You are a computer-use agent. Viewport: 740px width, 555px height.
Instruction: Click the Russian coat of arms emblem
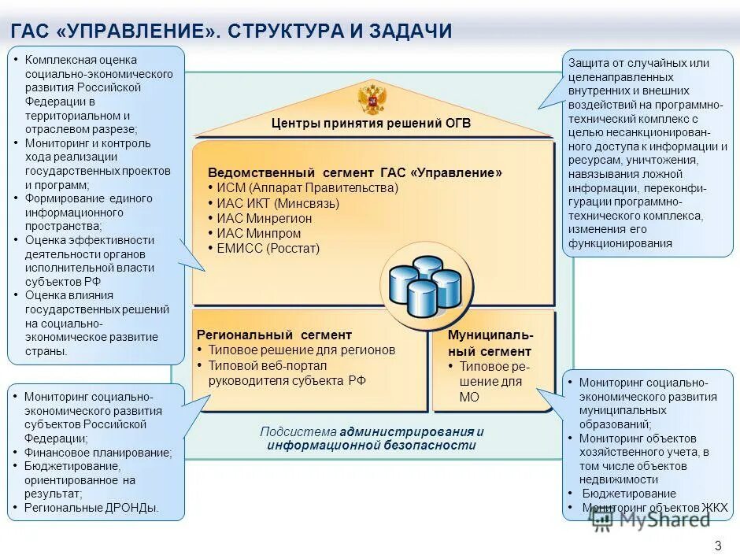point(372,100)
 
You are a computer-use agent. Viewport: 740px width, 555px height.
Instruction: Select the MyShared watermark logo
point(649,517)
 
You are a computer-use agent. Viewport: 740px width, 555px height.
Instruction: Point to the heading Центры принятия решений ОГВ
point(371,124)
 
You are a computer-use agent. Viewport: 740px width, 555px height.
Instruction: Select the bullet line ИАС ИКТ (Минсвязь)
point(278,203)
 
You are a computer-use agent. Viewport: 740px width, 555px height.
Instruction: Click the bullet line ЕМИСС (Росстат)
point(268,248)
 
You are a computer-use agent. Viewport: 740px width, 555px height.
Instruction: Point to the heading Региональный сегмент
point(274,335)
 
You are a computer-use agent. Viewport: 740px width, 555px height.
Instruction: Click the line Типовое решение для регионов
point(302,350)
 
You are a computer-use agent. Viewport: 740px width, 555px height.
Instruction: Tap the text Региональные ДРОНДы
point(91,508)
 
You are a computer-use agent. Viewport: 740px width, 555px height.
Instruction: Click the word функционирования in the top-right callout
point(620,243)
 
